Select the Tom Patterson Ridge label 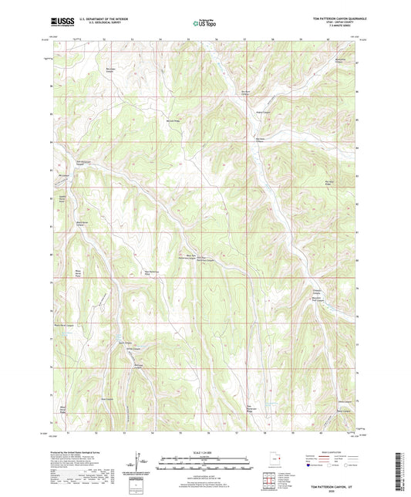[x=249, y=408]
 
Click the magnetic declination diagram [x=141, y=462]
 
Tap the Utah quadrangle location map [x=278, y=463]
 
